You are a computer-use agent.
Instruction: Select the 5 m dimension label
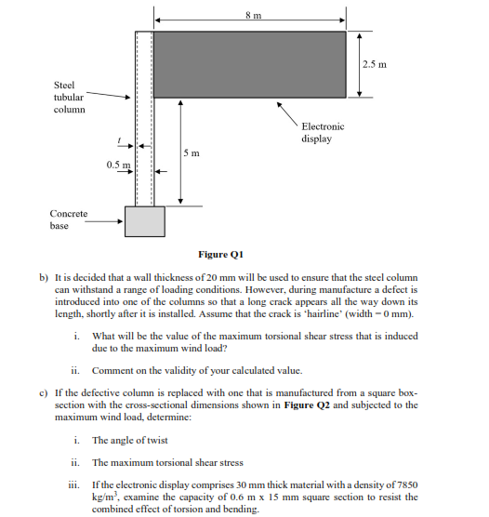point(192,152)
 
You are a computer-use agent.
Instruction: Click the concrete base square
point(144,221)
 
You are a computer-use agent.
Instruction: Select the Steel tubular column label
point(69,97)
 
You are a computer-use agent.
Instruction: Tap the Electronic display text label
point(322,132)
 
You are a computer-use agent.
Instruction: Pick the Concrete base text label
point(69,219)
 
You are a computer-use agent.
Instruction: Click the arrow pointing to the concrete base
point(108,221)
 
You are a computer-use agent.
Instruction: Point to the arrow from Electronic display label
point(288,113)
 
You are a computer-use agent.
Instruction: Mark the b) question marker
point(43,278)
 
